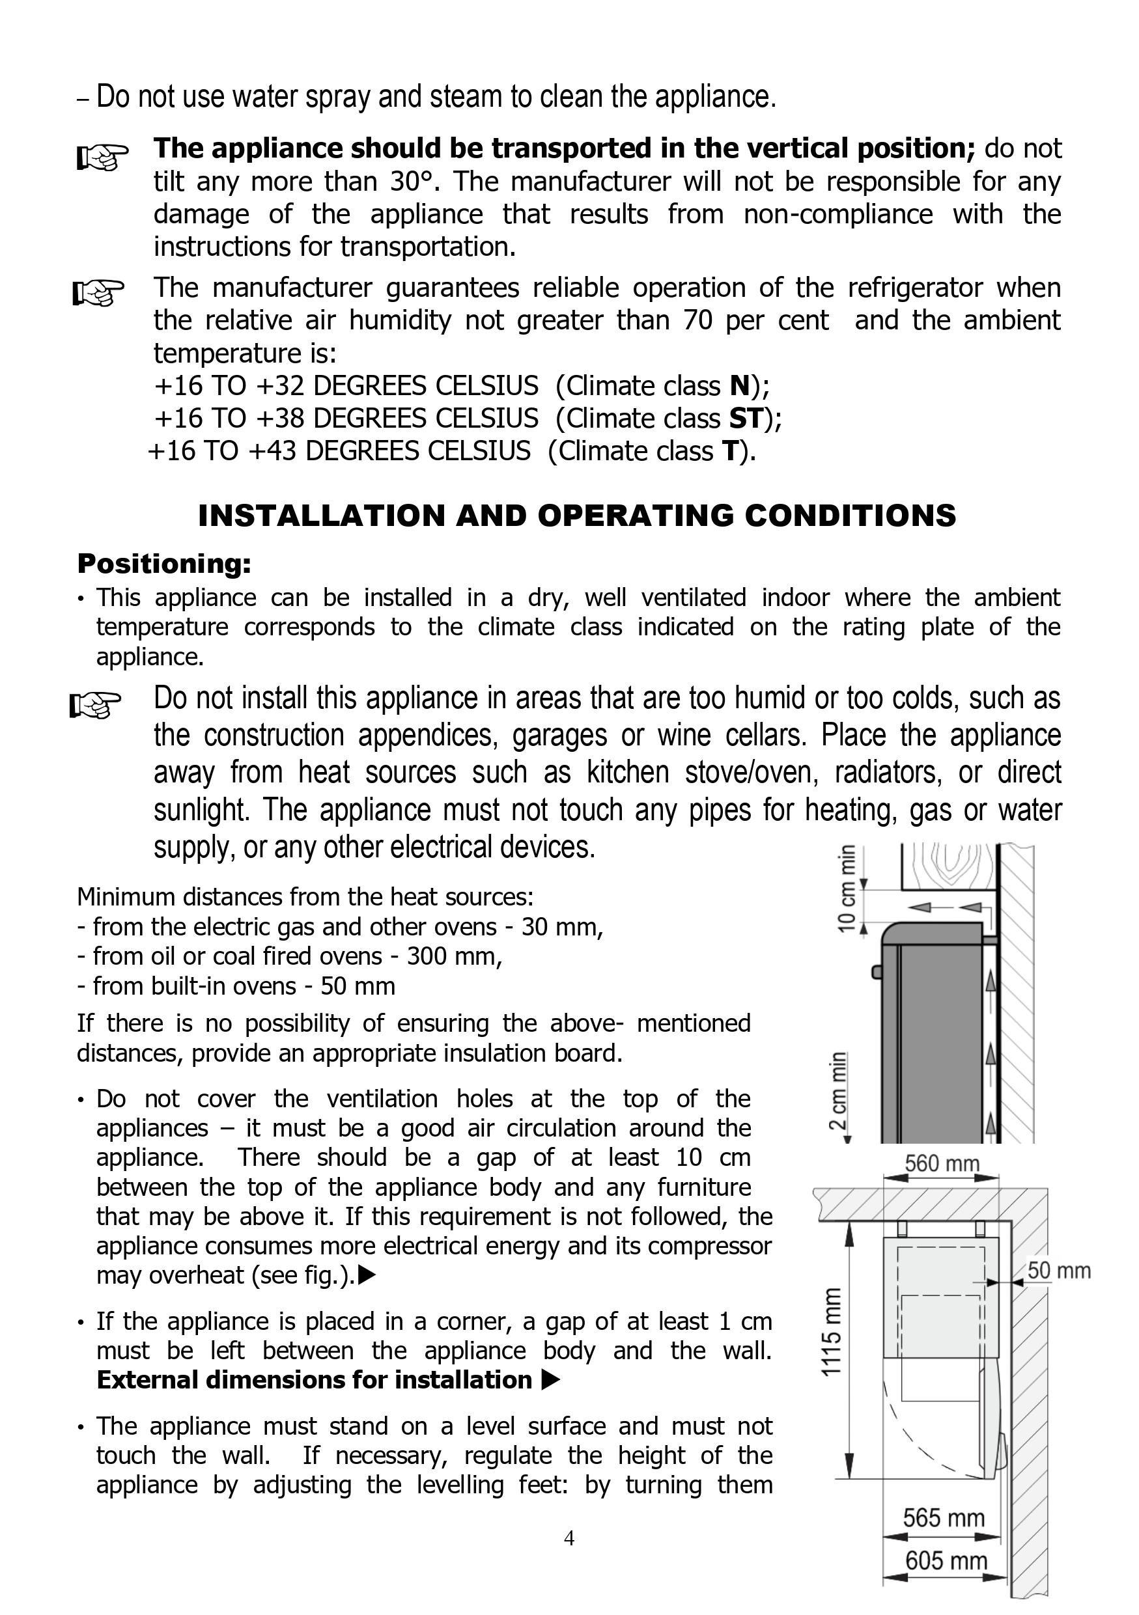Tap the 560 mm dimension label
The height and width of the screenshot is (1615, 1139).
pos(942,1163)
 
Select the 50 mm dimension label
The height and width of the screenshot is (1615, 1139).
pos(1059,1271)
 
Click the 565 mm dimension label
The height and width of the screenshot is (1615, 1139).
pos(944,1518)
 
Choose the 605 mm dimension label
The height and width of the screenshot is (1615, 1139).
pos(946,1561)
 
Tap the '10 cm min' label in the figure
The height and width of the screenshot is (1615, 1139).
pos(848,889)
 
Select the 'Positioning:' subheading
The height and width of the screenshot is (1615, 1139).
pos(164,564)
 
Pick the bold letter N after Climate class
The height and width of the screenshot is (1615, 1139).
pos(740,386)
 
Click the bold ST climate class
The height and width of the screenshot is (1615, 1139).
pos(746,419)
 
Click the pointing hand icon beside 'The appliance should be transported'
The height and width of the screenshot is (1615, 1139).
pos(102,157)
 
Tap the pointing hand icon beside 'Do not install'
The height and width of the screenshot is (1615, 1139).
pos(96,706)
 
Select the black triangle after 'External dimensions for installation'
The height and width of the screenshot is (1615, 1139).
pos(551,1381)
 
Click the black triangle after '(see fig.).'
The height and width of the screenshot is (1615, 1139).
pos(367,1275)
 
